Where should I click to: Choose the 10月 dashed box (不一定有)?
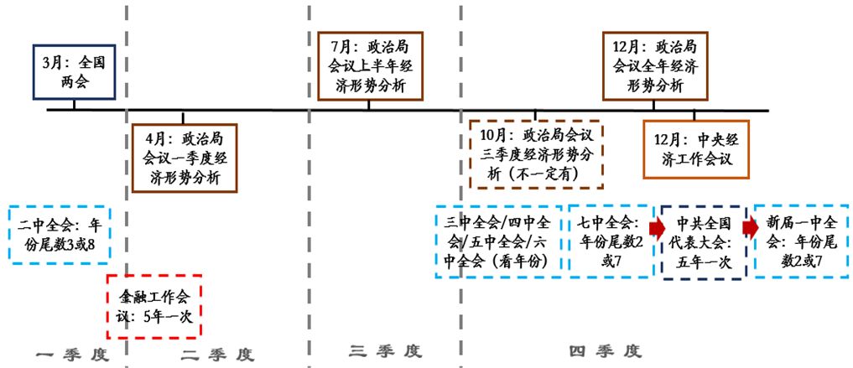click(537, 155)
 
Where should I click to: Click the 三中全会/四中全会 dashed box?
click(498, 241)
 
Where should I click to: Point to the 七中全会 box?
click(610, 241)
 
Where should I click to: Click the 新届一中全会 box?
click(801, 241)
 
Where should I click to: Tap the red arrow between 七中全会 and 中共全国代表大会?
click(656, 226)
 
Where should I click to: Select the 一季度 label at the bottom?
click(73, 354)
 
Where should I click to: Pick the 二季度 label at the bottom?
click(218, 354)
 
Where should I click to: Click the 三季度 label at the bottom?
click(385, 350)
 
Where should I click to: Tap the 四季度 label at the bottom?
click(606, 350)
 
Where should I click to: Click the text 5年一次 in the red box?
click(168, 318)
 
